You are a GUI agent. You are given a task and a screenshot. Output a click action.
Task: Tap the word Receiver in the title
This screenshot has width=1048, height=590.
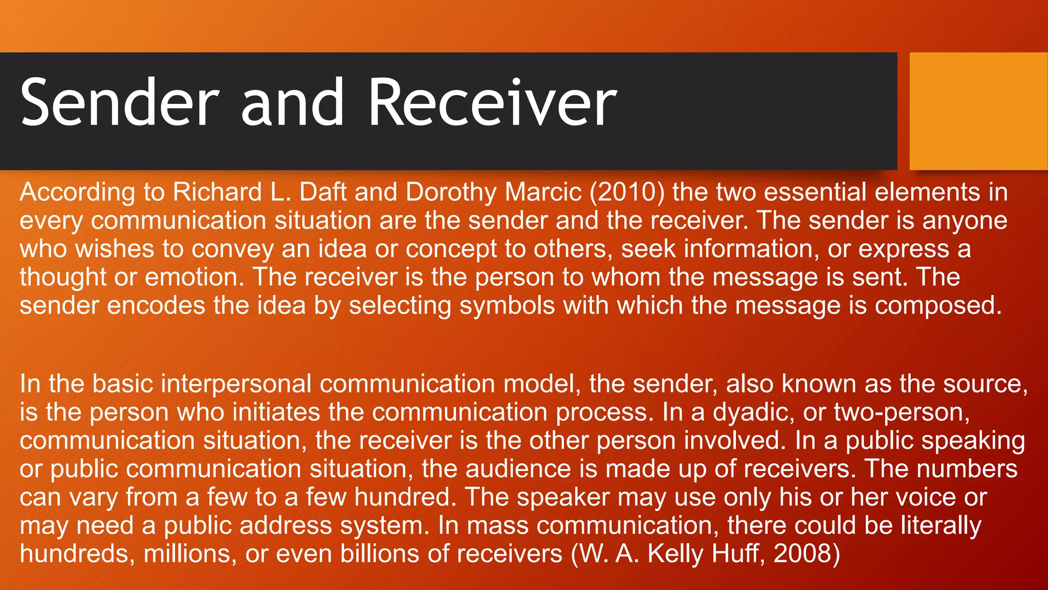492,102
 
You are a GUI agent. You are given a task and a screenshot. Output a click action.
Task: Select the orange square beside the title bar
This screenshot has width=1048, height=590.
978,111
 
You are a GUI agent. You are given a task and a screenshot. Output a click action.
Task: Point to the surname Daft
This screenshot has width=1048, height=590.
322,193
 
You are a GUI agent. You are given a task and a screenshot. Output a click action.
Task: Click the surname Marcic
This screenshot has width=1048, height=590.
543,193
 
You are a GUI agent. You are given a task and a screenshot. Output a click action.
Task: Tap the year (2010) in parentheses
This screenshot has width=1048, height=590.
627,193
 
